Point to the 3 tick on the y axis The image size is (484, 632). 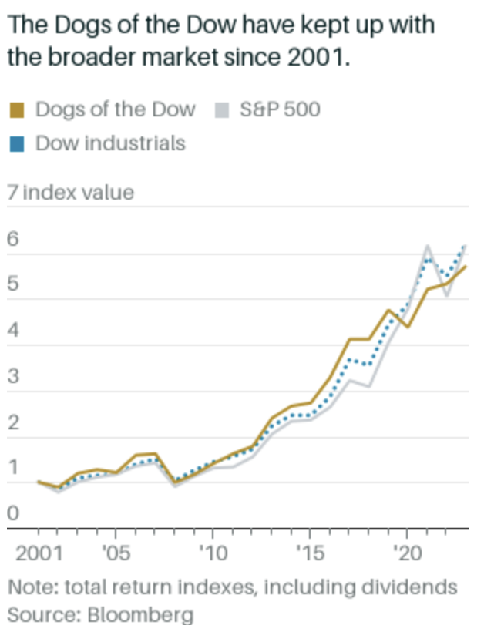tap(12, 378)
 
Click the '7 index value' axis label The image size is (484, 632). tap(70, 192)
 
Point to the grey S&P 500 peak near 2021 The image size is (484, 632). tap(426, 246)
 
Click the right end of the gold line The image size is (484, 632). tap(466, 267)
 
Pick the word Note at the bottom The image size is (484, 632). tap(29, 588)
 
